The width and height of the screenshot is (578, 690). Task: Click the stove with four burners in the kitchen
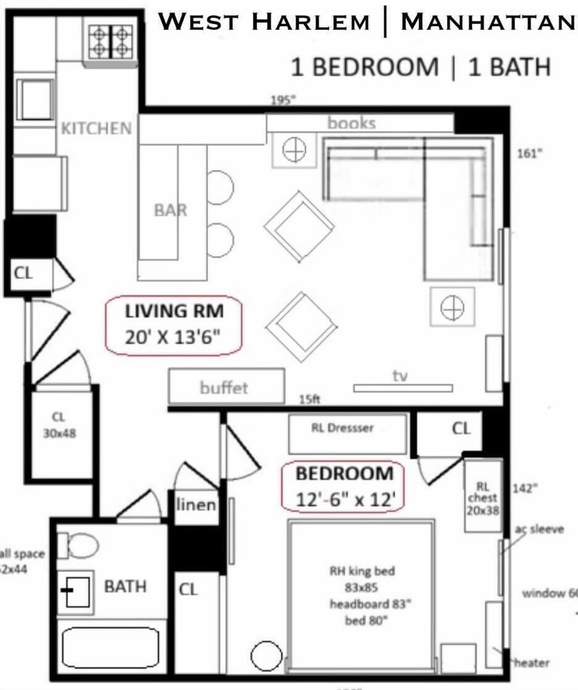click(x=111, y=41)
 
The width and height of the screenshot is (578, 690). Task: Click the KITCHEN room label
click(x=96, y=128)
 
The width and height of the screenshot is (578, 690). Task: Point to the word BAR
click(x=170, y=210)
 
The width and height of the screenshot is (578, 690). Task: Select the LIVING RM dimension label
click(x=174, y=324)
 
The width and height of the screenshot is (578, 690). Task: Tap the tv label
click(x=400, y=376)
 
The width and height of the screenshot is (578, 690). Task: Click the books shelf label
click(x=352, y=123)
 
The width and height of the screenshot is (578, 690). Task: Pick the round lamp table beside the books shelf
click(x=294, y=149)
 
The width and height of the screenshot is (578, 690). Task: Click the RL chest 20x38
click(x=483, y=497)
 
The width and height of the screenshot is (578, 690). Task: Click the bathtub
click(x=111, y=648)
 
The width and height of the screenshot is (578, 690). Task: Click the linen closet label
click(x=196, y=505)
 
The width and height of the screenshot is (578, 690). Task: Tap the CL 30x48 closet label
click(x=59, y=424)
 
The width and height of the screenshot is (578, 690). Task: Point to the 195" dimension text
click(x=283, y=101)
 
